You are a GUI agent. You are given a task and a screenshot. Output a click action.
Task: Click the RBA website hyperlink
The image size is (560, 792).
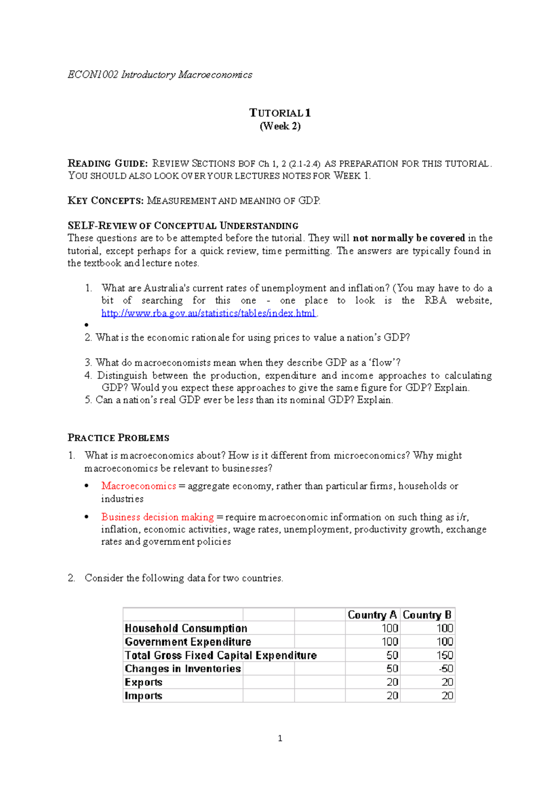click(209, 313)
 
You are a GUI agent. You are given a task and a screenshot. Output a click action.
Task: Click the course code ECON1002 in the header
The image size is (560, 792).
click(93, 75)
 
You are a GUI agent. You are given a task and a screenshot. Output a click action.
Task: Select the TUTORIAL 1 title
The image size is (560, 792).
click(280, 113)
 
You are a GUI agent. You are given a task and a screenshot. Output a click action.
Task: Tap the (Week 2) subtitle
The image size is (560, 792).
click(280, 126)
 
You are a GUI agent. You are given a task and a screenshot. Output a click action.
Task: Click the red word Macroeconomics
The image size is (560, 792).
click(139, 486)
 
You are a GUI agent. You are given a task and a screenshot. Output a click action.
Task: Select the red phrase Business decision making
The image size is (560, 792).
click(157, 517)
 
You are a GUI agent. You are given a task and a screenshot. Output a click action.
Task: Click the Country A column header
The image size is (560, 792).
click(372, 615)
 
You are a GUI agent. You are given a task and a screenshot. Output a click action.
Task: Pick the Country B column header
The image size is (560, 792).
click(427, 615)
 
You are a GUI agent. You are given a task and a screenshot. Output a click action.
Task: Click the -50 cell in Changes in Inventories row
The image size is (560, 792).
click(446, 668)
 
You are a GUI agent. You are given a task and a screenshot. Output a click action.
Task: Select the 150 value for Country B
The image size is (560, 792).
click(445, 655)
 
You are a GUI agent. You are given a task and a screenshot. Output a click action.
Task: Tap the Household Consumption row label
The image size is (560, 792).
click(186, 628)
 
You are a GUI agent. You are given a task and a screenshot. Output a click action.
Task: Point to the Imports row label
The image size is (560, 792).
click(143, 695)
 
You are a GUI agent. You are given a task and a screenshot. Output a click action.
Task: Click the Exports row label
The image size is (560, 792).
click(143, 682)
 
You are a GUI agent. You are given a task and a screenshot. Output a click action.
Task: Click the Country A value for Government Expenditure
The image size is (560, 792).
click(390, 642)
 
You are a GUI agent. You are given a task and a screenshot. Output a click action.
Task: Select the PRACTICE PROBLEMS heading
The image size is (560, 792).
click(119, 438)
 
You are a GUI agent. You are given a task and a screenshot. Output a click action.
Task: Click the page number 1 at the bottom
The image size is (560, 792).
click(280, 738)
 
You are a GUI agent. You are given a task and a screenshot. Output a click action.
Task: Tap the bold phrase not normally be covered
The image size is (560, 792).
click(409, 238)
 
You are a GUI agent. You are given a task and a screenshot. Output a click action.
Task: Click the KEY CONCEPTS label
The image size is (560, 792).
click(105, 201)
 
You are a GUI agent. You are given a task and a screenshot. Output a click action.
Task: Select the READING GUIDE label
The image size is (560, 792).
click(108, 163)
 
